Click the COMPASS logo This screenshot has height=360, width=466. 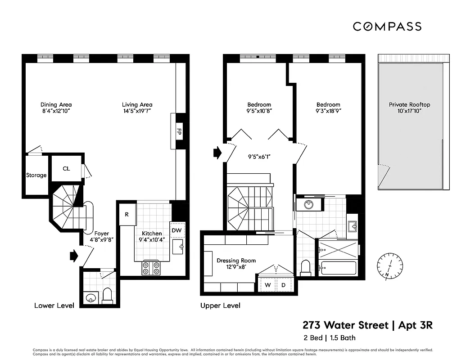click(387, 27)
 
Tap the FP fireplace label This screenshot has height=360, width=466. click(179, 132)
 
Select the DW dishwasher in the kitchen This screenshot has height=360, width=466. click(176, 230)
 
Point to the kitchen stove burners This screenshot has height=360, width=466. click(151, 268)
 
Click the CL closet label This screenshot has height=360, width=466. click(66, 169)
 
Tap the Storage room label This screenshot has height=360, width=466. click(36, 175)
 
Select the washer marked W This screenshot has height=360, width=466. click(267, 285)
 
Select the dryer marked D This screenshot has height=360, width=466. click(284, 285)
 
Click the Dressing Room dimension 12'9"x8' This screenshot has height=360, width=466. click(236, 267)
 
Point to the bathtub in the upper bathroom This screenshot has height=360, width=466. click(338, 268)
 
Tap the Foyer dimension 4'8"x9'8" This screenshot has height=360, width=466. click(101, 240)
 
